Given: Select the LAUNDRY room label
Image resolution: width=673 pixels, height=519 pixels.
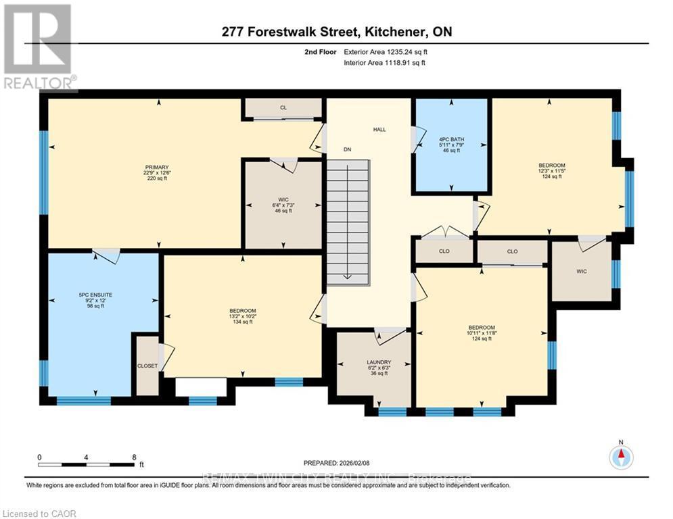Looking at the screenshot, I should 379,362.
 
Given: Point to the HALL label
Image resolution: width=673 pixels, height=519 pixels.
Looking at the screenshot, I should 379,129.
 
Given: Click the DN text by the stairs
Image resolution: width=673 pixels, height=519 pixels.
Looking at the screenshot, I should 347,149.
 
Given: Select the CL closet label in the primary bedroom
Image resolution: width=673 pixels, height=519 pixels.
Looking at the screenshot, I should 284,107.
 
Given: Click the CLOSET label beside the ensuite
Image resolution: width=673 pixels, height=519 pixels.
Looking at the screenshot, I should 147,366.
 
